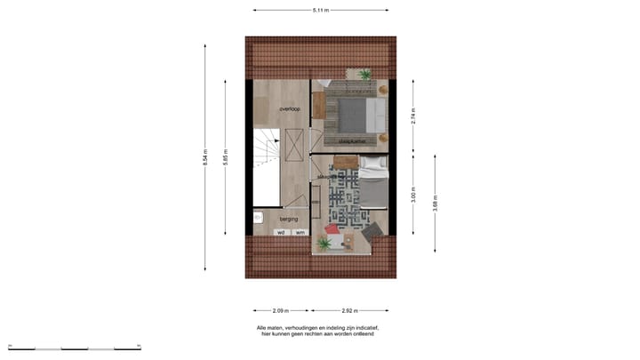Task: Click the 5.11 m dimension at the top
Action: (x=320, y=10)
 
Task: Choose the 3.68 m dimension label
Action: (x=435, y=200)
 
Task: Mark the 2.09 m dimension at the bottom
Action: (x=280, y=311)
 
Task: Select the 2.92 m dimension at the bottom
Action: (x=349, y=311)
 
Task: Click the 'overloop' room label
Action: (x=290, y=108)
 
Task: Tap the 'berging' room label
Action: (x=289, y=218)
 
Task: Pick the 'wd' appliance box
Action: (x=281, y=232)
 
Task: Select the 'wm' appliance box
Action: (x=300, y=232)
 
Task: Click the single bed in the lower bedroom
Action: (x=373, y=182)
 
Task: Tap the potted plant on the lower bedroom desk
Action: (x=324, y=242)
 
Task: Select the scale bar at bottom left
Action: (x=62, y=347)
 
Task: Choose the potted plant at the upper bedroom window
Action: (x=365, y=75)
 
